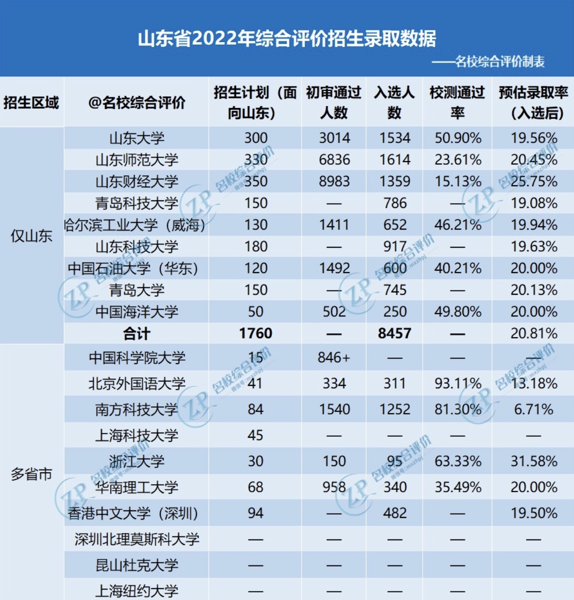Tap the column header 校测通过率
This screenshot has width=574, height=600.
457,102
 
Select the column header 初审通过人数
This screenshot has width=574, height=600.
334,102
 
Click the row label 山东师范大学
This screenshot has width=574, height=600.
137,160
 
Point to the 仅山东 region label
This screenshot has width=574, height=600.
31,236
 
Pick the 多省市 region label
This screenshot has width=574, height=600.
31,474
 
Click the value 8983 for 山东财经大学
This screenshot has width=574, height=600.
334,182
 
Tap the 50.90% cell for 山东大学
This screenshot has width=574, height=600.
458,138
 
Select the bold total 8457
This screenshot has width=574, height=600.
395,334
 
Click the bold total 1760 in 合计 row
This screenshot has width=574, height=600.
256,334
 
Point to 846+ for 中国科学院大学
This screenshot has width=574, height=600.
334,357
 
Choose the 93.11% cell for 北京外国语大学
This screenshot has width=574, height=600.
458,384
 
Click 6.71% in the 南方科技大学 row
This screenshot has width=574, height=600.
534,410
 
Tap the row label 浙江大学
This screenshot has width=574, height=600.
137,461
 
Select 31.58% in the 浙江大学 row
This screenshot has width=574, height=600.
534,461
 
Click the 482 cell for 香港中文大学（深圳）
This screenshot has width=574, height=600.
395,513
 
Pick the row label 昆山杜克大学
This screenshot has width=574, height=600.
137,565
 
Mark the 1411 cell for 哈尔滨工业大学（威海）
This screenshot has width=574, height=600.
334,225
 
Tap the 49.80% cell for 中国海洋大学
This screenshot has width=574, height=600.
458,312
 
